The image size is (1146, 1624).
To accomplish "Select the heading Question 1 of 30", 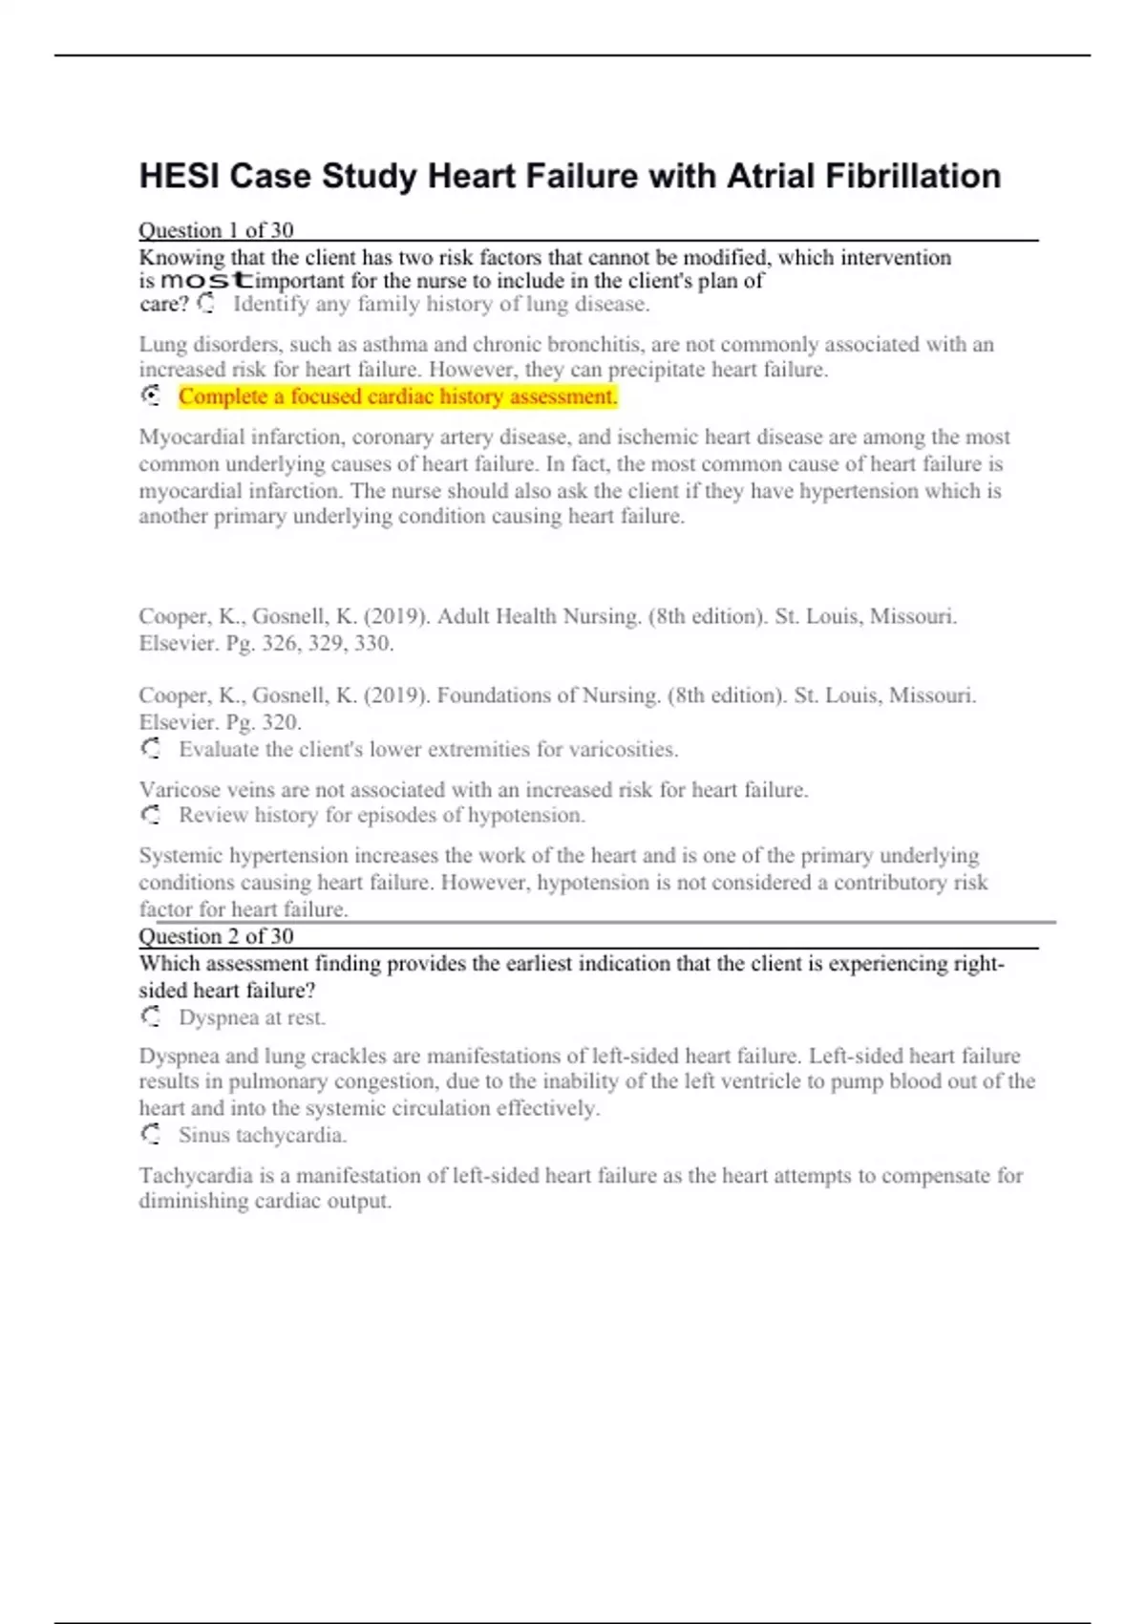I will point(216,230).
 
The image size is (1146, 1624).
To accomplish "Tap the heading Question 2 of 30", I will point(216,936).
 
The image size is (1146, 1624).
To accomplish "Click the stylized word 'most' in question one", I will point(206,281).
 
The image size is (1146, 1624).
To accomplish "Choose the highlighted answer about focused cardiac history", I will point(397,396).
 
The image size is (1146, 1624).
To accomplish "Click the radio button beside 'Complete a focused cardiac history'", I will point(151,395).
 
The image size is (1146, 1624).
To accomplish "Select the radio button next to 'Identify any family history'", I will point(206,304).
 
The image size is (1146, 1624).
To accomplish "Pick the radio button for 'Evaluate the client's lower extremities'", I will point(151,749).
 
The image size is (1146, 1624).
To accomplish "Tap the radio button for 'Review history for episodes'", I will point(151,815).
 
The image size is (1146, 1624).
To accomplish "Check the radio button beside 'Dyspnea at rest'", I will point(151,1017).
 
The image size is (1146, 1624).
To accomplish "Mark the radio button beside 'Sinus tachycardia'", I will point(151,1135).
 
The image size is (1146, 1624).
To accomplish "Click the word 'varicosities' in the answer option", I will point(624,749).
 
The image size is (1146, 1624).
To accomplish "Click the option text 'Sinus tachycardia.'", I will point(263,1135).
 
